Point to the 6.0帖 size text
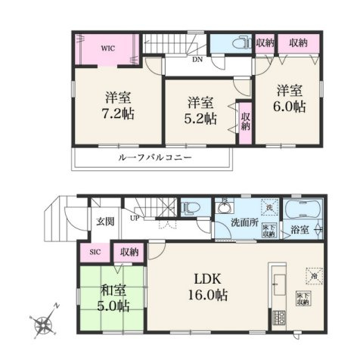tap(290, 107)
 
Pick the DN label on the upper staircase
tap(196, 59)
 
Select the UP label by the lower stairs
tap(135, 219)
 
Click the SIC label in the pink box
tap(95, 252)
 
